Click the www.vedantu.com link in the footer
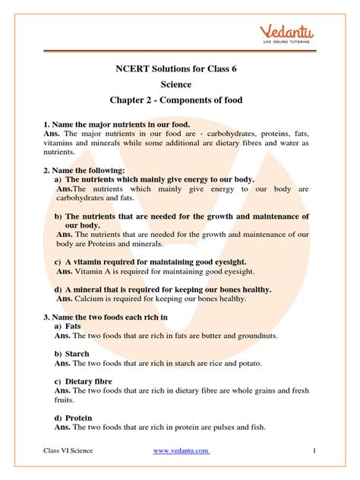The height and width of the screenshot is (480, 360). [181, 450]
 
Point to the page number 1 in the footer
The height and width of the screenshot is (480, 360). [314, 450]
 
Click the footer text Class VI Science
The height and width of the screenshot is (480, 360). [68, 450]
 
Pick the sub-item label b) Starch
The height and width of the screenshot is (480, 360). [71, 354]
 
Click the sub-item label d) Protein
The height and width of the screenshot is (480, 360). [73, 418]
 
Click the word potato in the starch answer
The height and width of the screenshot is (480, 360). [254, 363]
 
